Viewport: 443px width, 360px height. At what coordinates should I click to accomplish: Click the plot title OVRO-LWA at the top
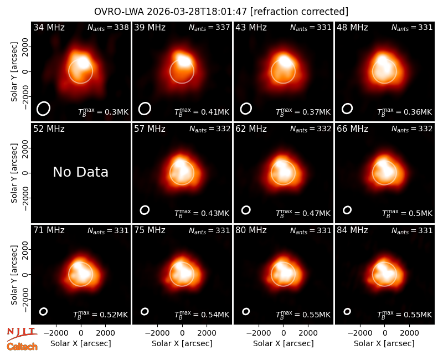120,12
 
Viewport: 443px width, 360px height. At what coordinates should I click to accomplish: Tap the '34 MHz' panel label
49,27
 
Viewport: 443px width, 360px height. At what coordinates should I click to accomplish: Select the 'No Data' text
80,172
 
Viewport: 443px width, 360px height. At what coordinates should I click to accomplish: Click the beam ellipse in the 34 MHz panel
43,109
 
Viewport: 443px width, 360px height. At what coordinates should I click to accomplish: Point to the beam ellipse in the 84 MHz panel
347,311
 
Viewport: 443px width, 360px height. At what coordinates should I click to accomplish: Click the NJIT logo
22,333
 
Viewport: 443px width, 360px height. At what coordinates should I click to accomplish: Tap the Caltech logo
22,347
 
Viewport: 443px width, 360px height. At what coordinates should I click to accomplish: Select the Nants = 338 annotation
108,27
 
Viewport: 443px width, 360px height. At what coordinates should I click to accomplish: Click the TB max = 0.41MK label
202,112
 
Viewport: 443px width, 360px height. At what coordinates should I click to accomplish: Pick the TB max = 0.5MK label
407,213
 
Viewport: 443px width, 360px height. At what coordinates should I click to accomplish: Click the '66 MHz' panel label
352,129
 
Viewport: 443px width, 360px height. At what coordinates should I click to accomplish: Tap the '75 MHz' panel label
150,230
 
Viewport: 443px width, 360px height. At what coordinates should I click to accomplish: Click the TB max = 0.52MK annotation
101,315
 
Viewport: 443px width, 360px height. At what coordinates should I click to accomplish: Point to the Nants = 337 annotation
209,27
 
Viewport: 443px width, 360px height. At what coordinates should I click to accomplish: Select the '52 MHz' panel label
49,129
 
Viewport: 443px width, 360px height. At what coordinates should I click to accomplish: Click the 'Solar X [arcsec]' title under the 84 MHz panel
384,343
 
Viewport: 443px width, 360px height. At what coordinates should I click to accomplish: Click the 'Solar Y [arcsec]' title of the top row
14,72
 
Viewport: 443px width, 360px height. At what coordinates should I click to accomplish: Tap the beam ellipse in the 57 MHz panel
145,210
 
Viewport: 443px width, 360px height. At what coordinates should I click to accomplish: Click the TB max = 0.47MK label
303,213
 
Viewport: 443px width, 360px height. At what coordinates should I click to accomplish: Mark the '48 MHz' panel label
352,27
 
